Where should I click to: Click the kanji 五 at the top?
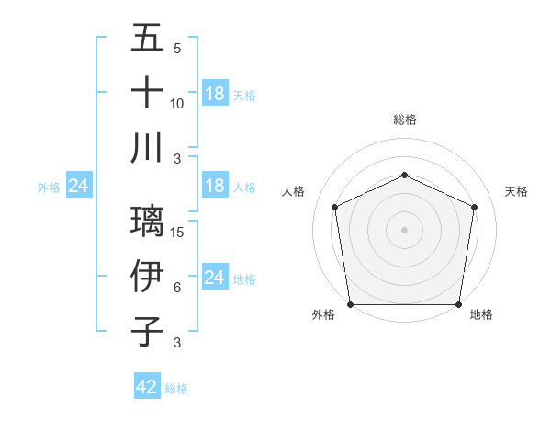click(147, 40)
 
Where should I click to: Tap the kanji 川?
click(147, 148)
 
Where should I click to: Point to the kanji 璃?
click(147, 222)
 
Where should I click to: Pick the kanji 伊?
click(147, 276)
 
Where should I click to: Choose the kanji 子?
click(147, 330)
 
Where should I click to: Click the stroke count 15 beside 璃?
click(178, 233)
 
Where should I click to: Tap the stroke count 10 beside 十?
click(177, 104)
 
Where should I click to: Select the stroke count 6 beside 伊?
click(176, 288)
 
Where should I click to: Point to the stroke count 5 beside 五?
click(176, 49)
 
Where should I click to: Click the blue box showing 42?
click(147, 387)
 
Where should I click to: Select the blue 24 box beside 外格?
click(79, 186)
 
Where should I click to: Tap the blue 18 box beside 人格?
click(214, 186)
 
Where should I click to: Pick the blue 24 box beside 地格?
click(214, 278)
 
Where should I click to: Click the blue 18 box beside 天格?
click(214, 93)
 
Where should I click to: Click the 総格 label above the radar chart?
click(404, 119)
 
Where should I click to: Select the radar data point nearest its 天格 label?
click(475, 206)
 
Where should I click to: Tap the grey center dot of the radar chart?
click(404, 230)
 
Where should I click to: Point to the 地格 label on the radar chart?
click(481, 315)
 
